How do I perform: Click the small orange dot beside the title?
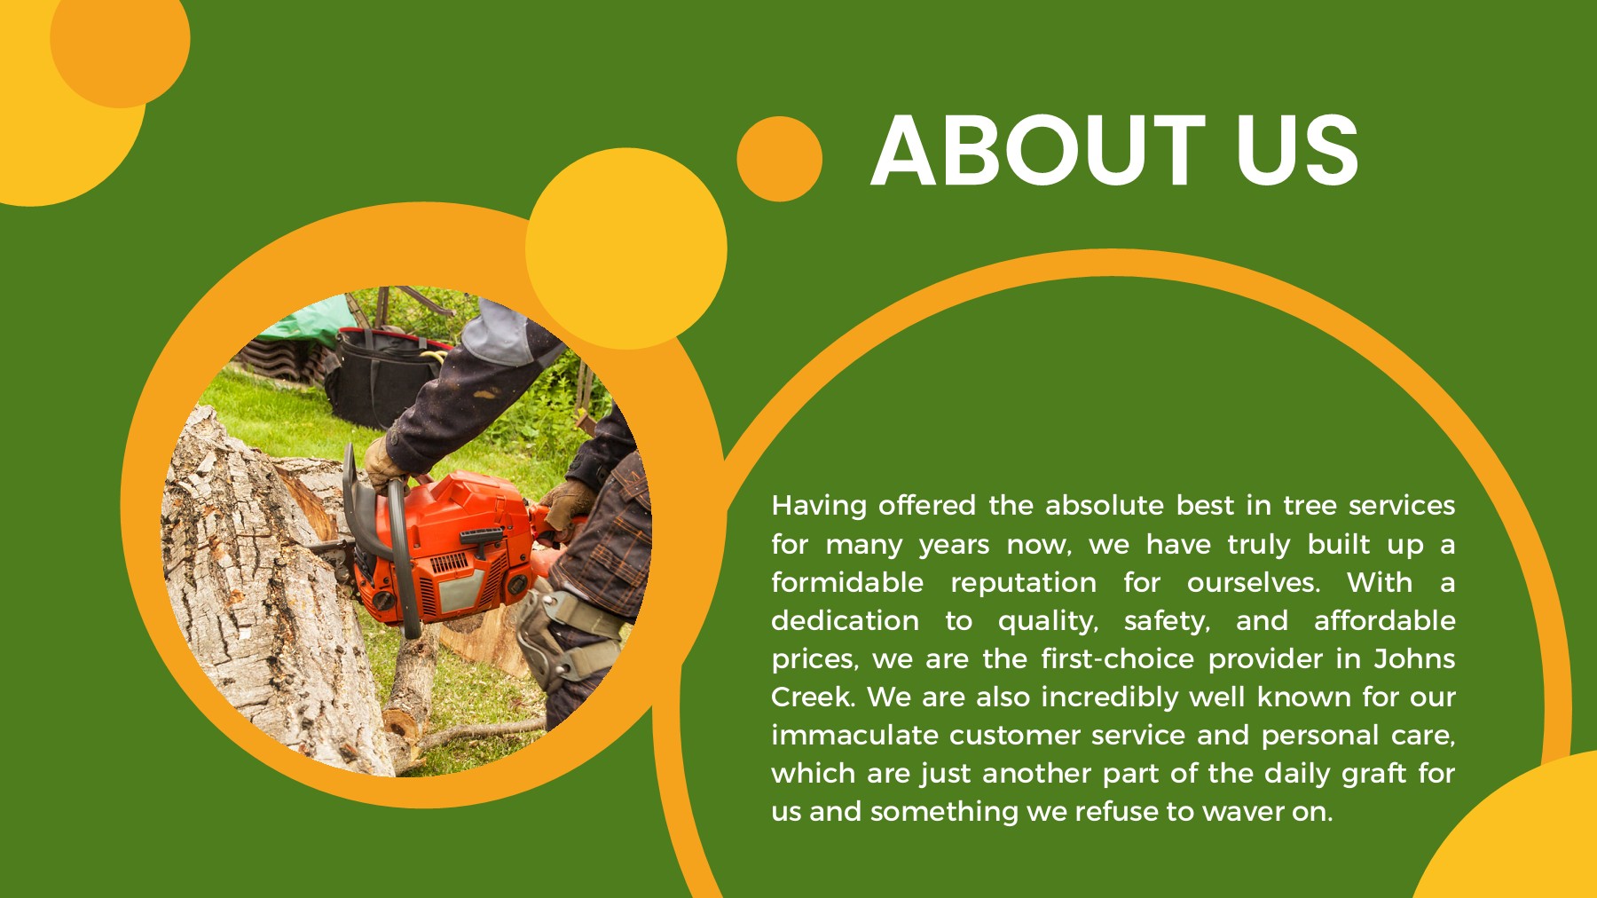click(779, 159)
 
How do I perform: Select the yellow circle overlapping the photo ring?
click(625, 248)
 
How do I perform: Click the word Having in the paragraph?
click(819, 506)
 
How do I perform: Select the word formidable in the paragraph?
click(847, 583)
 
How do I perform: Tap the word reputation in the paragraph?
click(1023, 583)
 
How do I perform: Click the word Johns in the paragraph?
click(1414, 659)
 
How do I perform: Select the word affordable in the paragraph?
click(1384, 621)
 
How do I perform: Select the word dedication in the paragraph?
click(845, 621)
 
